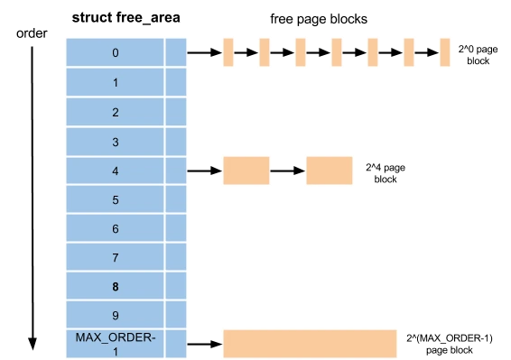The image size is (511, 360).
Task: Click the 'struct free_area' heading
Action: pyautogui.click(x=125, y=17)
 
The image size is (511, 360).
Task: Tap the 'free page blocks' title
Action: pyautogui.click(x=319, y=19)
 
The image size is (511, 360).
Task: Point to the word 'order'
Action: pyautogui.click(x=32, y=33)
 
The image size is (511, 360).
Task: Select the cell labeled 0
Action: pyautogui.click(x=115, y=52)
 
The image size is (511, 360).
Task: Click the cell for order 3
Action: pyautogui.click(x=115, y=142)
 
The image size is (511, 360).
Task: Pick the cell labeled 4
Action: pyautogui.click(x=115, y=171)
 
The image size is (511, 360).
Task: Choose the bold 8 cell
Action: pyautogui.click(x=115, y=286)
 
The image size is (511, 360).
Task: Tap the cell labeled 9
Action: pyautogui.click(x=115, y=315)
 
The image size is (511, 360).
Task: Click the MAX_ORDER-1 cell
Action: pyautogui.click(x=115, y=344)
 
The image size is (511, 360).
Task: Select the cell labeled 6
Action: pyautogui.click(x=115, y=228)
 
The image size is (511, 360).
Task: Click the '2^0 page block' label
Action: pyautogui.click(x=478, y=55)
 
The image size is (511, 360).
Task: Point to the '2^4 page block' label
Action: pyautogui.click(x=386, y=173)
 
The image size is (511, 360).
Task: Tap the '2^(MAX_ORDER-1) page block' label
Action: pyautogui.click(x=450, y=344)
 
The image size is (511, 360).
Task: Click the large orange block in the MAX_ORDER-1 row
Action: pyautogui.click(x=310, y=344)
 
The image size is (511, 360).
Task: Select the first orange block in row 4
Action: pyautogui.click(x=246, y=171)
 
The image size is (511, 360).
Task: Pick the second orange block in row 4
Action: pyautogui.click(x=330, y=171)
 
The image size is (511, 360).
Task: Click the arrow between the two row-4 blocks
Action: pyautogui.click(x=288, y=171)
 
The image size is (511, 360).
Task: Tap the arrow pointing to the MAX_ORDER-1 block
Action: pyautogui.click(x=205, y=344)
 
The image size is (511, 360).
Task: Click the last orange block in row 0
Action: pyautogui.click(x=445, y=52)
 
